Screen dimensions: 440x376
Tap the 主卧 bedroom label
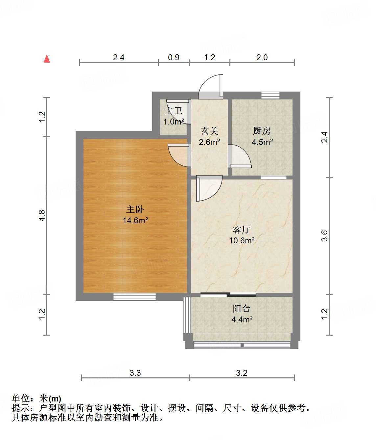point(135,209)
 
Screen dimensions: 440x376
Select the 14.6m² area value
point(135,220)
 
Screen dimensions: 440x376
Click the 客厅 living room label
point(242,230)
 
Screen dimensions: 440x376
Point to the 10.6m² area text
point(242,240)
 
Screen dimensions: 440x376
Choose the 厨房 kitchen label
point(262,131)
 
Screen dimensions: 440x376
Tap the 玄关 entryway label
point(209,131)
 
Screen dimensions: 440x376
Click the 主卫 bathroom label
point(174,111)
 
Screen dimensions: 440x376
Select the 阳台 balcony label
point(242,309)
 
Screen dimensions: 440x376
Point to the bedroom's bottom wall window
point(134,297)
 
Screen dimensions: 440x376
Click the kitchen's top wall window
point(270,95)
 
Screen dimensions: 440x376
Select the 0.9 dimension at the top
point(174,57)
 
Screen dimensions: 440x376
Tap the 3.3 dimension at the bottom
point(135,373)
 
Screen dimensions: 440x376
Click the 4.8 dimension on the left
point(42,215)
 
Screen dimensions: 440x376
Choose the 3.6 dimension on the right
point(324,236)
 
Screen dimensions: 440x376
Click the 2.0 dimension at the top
point(262,57)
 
